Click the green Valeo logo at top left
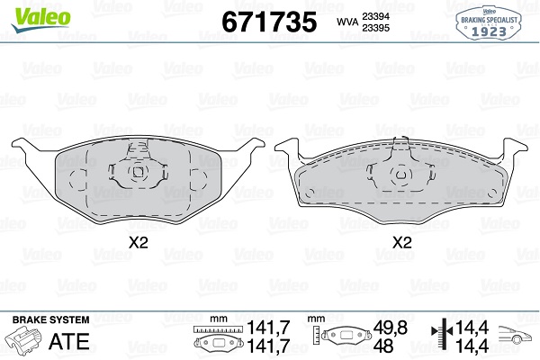(x=41, y=19)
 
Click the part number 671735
(x=269, y=22)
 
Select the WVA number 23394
(x=375, y=16)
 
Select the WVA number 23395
(x=375, y=28)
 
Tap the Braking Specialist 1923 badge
(x=489, y=23)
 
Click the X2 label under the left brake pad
(x=138, y=243)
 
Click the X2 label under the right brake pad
(x=402, y=243)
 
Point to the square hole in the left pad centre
(x=138, y=172)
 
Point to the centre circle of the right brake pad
(x=400, y=175)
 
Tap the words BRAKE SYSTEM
(x=51, y=319)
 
